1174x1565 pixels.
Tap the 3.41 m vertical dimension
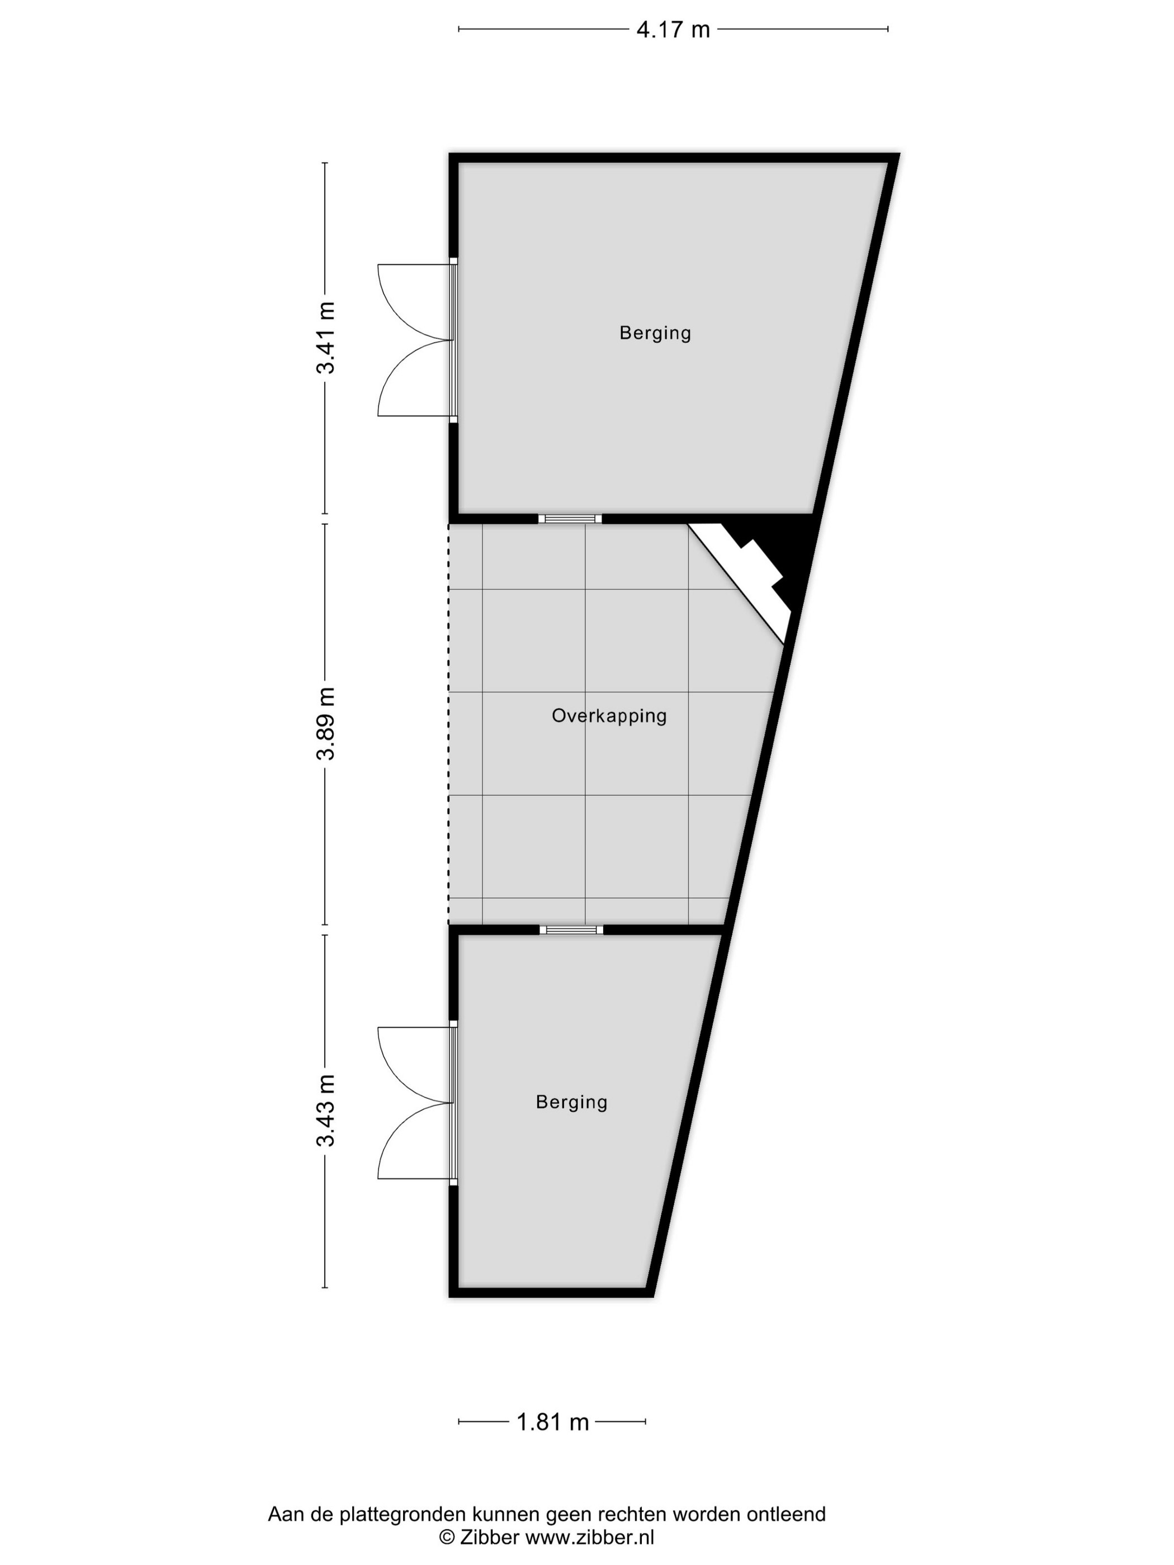pyautogui.click(x=325, y=338)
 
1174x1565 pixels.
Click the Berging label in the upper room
pyautogui.click(x=655, y=333)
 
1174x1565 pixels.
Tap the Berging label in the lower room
pyautogui.click(x=572, y=1102)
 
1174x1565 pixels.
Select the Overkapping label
pyautogui.click(x=609, y=715)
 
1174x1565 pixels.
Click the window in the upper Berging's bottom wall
pyautogui.click(x=570, y=519)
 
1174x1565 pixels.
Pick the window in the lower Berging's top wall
pyautogui.click(x=571, y=929)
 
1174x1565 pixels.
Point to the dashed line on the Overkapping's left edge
pyautogui.click(x=449, y=724)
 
